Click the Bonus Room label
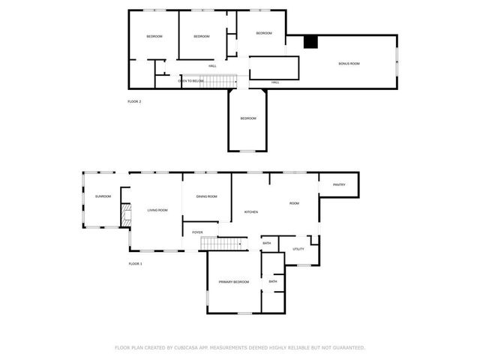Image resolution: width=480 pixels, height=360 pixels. (349, 64)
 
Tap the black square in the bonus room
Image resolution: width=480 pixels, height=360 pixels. (309, 43)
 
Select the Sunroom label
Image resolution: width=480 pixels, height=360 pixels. (103, 196)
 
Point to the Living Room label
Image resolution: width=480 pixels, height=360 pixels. (157, 210)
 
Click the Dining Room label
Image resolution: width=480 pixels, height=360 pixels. (207, 196)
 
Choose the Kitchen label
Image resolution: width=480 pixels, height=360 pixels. (251, 212)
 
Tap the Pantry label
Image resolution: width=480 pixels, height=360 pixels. (339, 184)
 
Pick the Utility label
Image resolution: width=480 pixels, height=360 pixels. (298, 249)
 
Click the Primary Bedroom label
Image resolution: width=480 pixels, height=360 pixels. (234, 282)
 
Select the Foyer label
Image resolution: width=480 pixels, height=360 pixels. (197, 232)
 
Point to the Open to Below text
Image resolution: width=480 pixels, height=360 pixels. (191, 80)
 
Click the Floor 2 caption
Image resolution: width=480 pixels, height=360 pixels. (134, 101)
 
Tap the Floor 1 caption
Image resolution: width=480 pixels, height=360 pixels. (135, 264)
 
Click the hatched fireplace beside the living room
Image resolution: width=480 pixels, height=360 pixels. (126, 217)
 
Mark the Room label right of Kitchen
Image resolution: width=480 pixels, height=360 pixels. (295, 204)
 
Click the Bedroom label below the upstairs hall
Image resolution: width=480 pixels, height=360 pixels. (248, 118)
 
